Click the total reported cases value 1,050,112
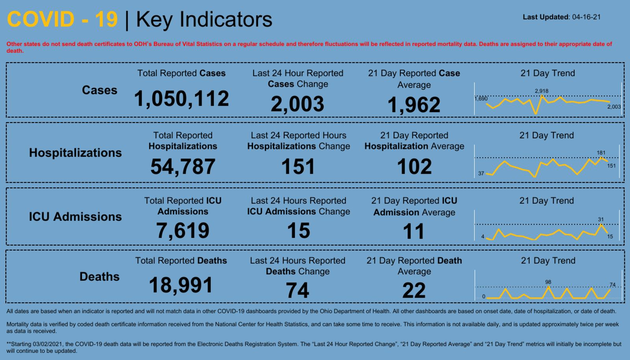(182, 98)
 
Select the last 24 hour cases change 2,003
(297, 104)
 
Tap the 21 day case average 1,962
(414, 105)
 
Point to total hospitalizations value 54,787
(183, 166)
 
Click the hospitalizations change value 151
(298, 166)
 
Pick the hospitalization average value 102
(414, 166)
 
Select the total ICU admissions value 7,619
(183, 230)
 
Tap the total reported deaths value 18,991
(181, 285)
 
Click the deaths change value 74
(297, 291)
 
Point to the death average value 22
(414, 291)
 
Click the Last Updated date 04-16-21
(586, 17)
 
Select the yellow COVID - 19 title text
(62, 19)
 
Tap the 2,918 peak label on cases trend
(541, 91)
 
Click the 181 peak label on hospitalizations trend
(601, 153)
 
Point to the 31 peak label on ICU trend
(600, 219)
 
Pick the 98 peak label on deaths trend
(548, 282)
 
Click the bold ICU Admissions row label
(75, 217)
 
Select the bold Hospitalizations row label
(75, 153)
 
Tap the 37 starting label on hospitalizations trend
(481, 173)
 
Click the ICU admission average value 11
(414, 231)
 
